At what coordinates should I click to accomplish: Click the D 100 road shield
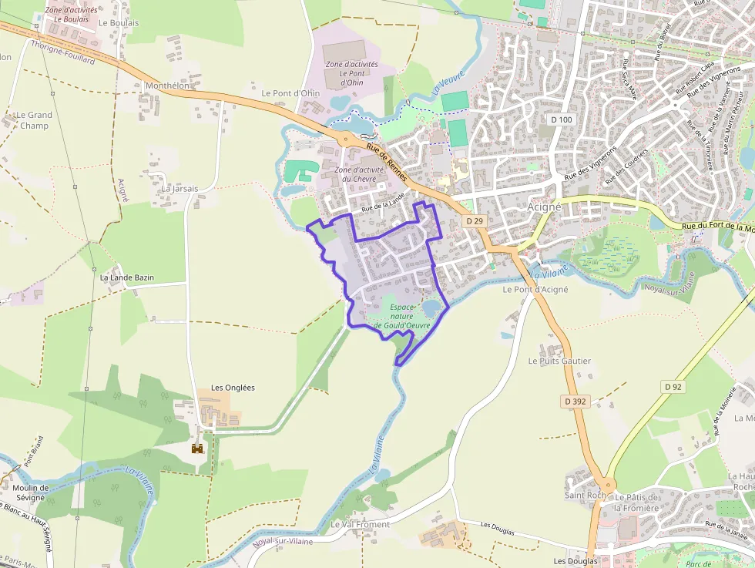(x=562, y=119)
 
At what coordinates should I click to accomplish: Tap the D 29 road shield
(x=475, y=221)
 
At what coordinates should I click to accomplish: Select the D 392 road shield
(x=575, y=402)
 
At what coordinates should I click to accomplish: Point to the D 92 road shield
(x=673, y=387)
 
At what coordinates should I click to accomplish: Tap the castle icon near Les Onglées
(x=198, y=448)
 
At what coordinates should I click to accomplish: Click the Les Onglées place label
(x=233, y=388)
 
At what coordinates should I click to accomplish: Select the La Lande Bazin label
(x=127, y=277)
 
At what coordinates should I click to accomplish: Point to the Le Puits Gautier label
(x=559, y=361)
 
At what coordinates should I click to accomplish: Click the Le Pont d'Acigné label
(x=535, y=290)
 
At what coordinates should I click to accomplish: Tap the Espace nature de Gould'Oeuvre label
(x=400, y=316)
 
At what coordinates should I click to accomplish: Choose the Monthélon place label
(x=167, y=86)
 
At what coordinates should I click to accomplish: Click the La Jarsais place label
(x=180, y=188)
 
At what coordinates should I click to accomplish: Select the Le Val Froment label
(x=360, y=524)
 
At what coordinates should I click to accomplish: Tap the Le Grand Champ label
(x=35, y=120)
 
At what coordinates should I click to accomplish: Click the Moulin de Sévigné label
(x=31, y=492)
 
